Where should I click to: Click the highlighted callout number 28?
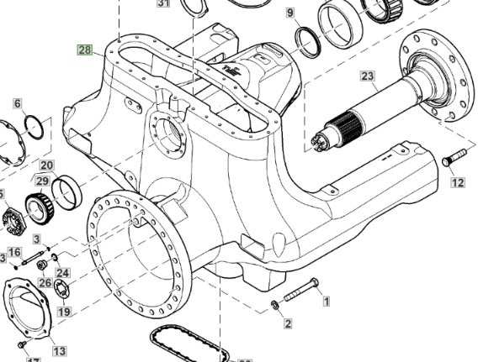85,50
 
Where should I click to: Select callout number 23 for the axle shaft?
367,76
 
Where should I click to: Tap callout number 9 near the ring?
290,13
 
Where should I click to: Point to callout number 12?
457,182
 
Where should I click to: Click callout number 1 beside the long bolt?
326,300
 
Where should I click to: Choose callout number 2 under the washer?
287,323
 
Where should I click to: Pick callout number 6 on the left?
17,104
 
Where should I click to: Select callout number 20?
46,165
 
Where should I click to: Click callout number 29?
41,181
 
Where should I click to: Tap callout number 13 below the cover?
59,350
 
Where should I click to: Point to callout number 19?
64,311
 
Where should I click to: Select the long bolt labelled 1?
300,291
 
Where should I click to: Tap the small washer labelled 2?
275,304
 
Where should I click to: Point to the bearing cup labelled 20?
66,191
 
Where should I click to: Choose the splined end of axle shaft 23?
324,139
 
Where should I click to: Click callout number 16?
14,251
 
